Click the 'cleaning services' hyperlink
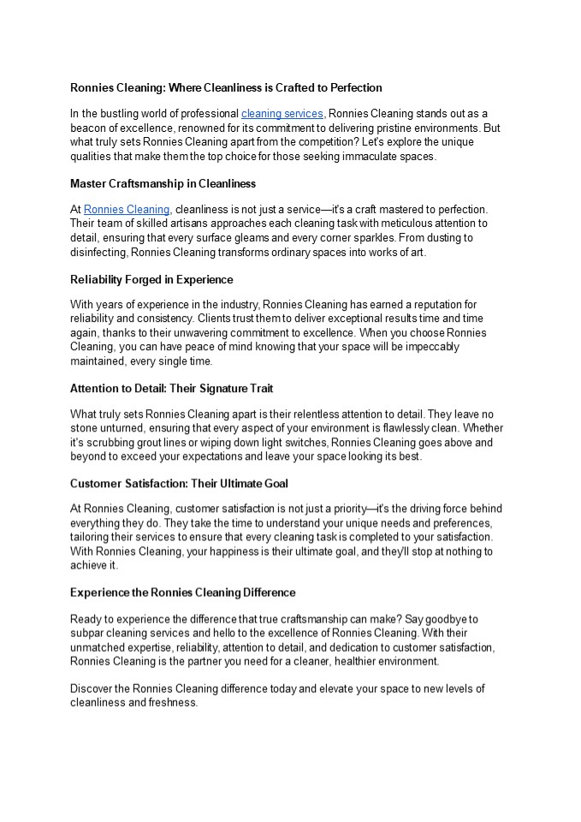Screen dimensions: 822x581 tap(282, 113)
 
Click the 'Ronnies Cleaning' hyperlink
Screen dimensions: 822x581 tap(127, 209)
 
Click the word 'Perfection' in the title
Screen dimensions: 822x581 tap(353, 87)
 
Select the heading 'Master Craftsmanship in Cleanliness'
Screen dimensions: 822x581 tap(163, 183)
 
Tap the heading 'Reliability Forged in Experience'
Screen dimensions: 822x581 tap(151, 279)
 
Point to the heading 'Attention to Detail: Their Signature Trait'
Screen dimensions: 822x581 tap(171, 388)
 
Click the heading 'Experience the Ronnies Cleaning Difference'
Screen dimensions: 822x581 tap(182, 592)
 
